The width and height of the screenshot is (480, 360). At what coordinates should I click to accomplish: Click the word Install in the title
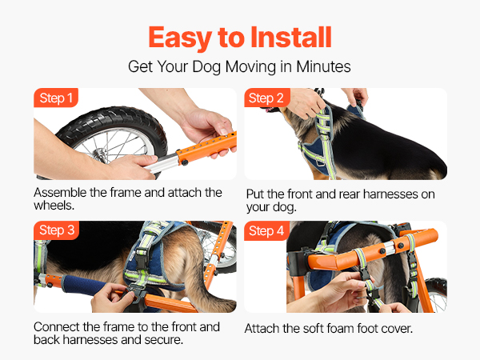point(291,38)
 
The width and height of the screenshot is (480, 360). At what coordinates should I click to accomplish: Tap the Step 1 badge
point(56,98)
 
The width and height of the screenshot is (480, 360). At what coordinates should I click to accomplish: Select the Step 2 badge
point(266,98)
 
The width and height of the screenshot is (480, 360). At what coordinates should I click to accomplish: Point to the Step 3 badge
point(57,230)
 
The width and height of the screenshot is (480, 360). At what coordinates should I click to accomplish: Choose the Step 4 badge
point(266,230)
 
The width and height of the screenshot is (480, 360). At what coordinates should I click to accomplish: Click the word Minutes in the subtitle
point(323,66)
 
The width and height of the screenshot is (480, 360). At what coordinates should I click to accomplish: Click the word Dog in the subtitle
point(207,67)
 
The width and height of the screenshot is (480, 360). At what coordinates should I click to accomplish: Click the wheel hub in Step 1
point(98,154)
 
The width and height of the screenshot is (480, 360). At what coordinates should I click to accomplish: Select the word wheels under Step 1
point(54,206)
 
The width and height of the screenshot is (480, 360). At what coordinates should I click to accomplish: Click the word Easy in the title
point(180,38)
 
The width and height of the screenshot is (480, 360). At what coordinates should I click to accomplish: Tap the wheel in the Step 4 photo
point(436,294)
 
